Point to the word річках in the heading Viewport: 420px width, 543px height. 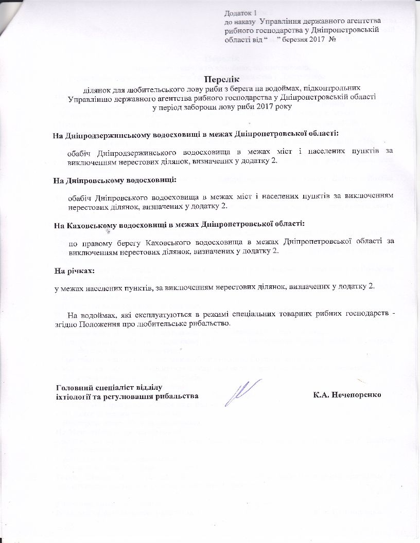81,270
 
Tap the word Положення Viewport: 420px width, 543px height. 101,324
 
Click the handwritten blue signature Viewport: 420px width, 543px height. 241,390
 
